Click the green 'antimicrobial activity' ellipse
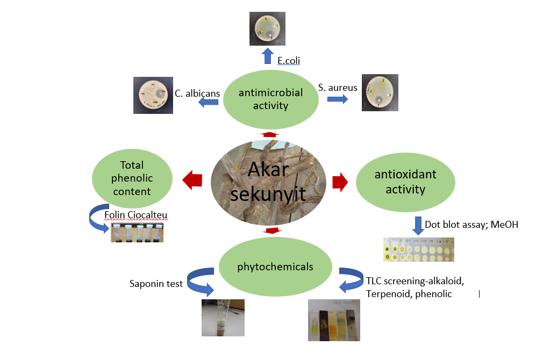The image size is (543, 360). coord(270,99)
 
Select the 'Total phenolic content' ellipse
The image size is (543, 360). coord(132,178)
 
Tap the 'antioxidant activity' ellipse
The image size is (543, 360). coord(398,182)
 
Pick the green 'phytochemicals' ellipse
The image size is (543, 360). coord(275,267)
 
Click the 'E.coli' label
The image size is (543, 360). coord(289,61)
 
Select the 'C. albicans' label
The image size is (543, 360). coord(197,93)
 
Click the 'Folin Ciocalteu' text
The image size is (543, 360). coord(135,215)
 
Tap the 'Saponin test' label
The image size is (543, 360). coord(156,283)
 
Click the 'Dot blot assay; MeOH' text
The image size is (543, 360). coord(471,225)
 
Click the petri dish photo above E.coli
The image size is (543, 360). coord(267,28)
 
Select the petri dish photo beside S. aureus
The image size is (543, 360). coord(380,92)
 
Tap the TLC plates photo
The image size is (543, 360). coord(334,320)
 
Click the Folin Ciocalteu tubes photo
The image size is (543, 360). coord(137,233)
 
